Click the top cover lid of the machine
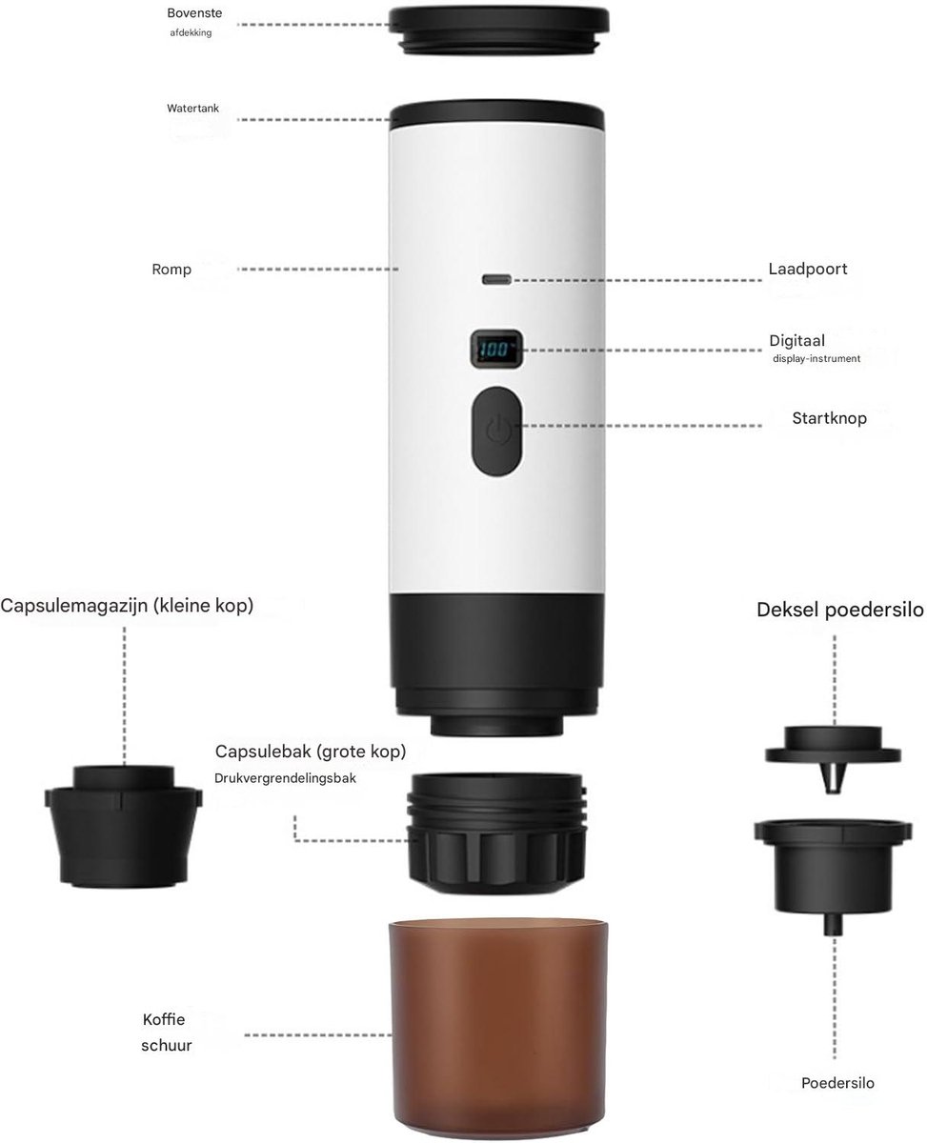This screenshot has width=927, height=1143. (498, 30)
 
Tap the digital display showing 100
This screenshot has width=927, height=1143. (496, 350)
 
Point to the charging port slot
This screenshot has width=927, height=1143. (496, 280)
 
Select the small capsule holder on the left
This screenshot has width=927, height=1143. (124, 825)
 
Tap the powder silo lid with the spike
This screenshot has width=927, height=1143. (833, 757)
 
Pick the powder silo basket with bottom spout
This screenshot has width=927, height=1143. (833, 875)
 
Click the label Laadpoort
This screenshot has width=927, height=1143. (807, 269)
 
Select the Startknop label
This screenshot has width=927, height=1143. (829, 418)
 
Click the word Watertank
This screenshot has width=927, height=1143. (192, 109)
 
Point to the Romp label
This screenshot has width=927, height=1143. (171, 270)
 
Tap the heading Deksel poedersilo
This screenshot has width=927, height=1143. (840, 610)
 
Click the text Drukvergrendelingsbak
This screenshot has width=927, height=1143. (285, 778)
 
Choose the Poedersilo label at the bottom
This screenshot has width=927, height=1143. (837, 1083)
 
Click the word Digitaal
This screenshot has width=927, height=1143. (796, 340)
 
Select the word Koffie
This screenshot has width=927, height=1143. (164, 1019)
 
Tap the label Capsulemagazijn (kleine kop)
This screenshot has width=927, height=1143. (127, 605)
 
